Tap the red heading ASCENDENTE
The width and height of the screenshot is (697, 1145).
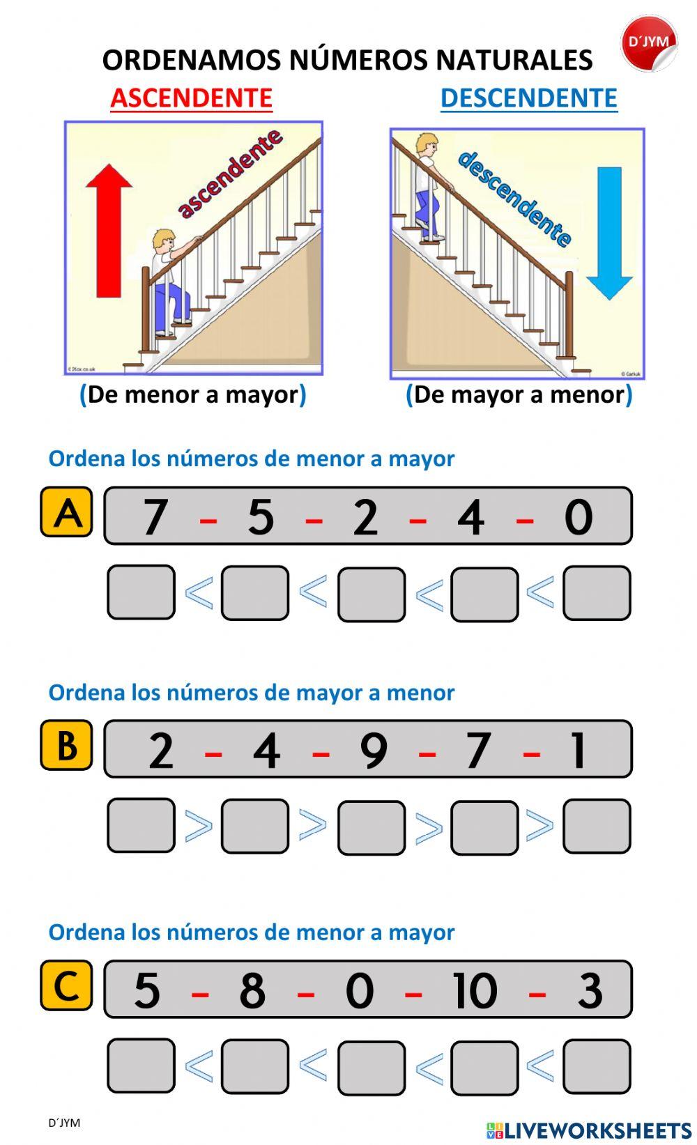coord(191,98)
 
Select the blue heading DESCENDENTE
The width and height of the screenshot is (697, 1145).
coord(528,98)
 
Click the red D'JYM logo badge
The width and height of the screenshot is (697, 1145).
coord(648,44)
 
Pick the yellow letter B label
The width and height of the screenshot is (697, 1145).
coord(67,745)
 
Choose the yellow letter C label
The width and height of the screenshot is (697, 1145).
coord(67,985)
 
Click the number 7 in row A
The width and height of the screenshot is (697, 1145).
coord(155,517)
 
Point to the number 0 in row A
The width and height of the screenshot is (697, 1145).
coord(578,517)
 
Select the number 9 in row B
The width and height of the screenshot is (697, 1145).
coord(374,751)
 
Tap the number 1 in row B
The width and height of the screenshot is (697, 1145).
coord(578,751)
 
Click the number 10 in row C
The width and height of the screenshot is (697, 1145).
coord(474,990)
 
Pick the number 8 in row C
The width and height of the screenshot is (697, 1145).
coord(252,990)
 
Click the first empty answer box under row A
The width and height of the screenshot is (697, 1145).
coord(141,592)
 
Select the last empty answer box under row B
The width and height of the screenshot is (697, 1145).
coord(597,826)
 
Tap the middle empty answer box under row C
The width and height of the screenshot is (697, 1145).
coord(372,1067)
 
